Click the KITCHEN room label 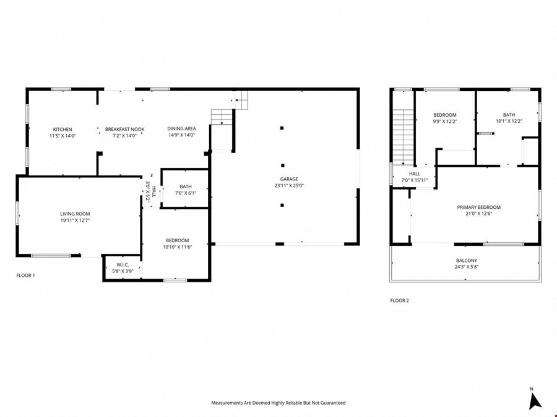coord(63,130)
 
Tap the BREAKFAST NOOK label coord(124,130)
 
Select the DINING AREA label coord(181,128)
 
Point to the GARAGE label coord(289,179)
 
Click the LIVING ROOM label coord(75,214)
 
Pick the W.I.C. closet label coord(123,265)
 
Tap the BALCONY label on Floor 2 coord(467,261)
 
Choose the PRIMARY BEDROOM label coord(479,207)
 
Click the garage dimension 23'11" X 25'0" coord(289,185)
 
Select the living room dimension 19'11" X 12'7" coord(75,220)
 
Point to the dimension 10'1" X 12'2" coord(509,121)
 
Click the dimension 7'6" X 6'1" coord(186,193)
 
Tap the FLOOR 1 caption coord(25,275)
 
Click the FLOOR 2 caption coord(400,300)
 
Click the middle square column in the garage coord(282,165)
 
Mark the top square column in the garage coord(282,128)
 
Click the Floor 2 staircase coord(403,138)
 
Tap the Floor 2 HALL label coord(415,174)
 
